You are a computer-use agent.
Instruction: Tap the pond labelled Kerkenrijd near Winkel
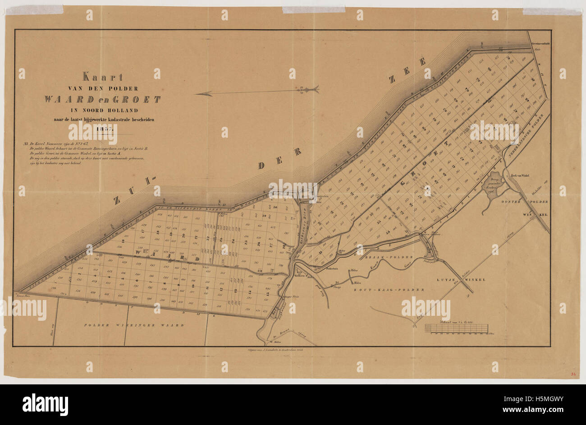(494, 185)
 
